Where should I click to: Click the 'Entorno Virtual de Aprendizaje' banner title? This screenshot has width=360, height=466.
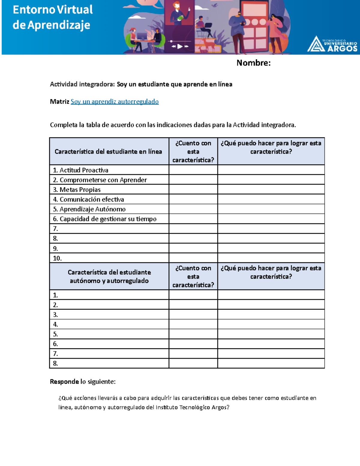point(52,17)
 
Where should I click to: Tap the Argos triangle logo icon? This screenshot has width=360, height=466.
point(315,44)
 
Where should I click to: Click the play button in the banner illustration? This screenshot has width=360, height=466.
point(180,46)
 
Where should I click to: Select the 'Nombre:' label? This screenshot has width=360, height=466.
point(253,63)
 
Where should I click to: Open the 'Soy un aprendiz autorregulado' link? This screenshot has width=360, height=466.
point(114,102)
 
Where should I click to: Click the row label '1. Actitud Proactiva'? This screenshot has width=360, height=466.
point(81,170)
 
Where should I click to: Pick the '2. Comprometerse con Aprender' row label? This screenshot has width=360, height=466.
point(100,180)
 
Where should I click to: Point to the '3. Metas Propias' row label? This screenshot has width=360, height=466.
point(77,190)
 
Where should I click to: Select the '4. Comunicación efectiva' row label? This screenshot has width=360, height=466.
point(88,199)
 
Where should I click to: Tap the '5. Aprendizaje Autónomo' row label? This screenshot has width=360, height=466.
point(89,209)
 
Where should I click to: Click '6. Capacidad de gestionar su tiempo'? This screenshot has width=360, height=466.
point(105,219)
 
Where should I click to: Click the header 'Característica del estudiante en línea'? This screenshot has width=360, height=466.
point(108,152)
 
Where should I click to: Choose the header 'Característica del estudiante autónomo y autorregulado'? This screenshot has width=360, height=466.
point(109,276)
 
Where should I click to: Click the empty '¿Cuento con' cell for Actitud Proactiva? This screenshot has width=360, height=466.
point(193,170)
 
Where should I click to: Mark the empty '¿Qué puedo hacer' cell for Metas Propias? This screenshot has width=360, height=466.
point(271,189)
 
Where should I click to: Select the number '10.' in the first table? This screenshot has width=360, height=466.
point(57,258)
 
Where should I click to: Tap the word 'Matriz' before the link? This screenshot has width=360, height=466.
point(59,102)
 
